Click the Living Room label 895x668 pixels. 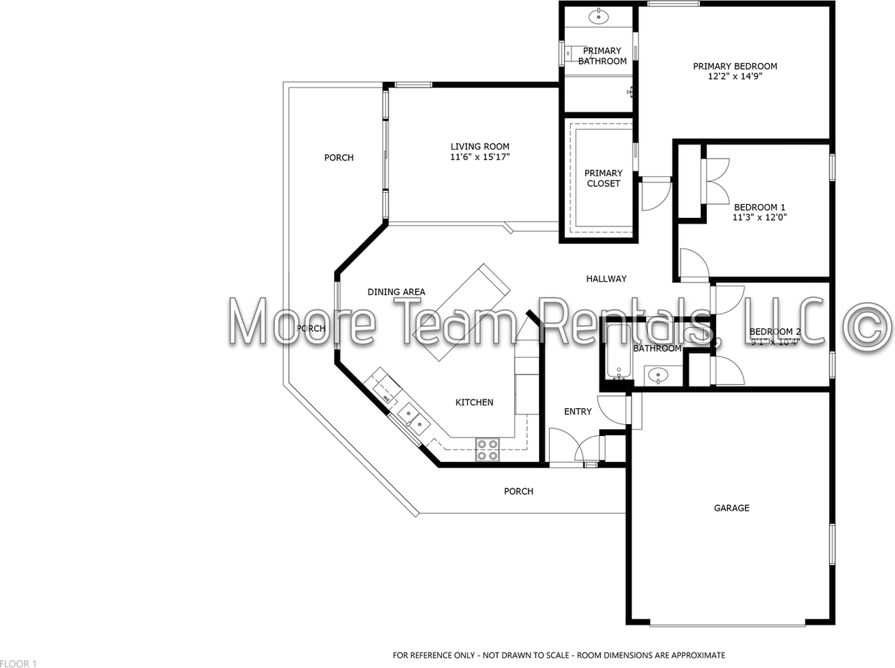(x=480, y=147)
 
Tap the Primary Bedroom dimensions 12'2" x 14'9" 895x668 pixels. (x=735, y=76)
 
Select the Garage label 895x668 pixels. (x=731, y=508)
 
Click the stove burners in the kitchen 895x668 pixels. (x=487, y=449)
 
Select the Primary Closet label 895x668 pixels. (x=603, y=178)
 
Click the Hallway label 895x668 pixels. (x=606, y=279)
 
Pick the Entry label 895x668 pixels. (x=578, y=412)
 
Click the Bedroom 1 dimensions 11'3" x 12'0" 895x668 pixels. (x=759, y=217)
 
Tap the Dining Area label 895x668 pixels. (x=396, y=292)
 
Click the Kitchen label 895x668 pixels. (x=474, y=402)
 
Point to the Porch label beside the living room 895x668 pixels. (x=338, y=158)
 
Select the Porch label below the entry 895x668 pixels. (x=519, y=491)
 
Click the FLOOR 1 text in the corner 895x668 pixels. (x=19, y=663)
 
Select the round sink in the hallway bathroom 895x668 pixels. (x=657, y=376)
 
